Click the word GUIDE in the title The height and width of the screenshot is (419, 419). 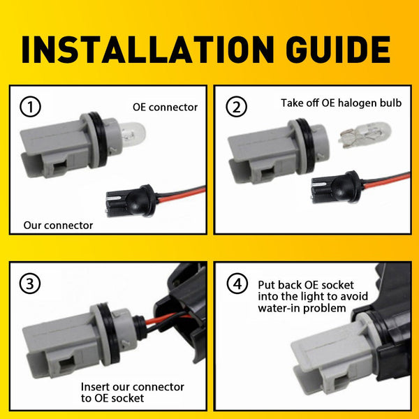point(338,50)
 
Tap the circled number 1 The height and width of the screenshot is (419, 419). point(30,107)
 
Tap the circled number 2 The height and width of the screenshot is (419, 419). point(236,107)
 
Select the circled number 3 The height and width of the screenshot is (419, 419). point(30,284)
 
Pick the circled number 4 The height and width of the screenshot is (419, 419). point(237,284)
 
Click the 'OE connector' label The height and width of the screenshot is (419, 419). point(165,107)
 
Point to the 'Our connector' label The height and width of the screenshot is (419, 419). point(58,226)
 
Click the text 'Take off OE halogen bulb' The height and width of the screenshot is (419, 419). point(341,103)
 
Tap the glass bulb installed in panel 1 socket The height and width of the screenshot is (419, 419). point(132,134)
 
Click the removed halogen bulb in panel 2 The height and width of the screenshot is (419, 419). point(365,135)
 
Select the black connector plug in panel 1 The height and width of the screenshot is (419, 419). point(131,200)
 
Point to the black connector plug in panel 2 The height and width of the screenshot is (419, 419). point(337,188)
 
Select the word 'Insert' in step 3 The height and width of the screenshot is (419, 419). point(95,387)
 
